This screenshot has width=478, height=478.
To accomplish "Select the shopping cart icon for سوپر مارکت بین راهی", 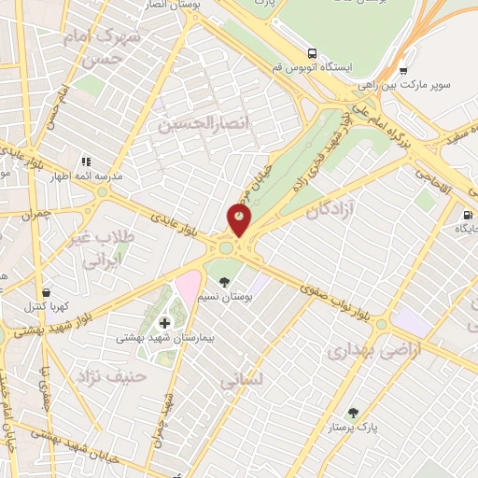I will click(402, 69).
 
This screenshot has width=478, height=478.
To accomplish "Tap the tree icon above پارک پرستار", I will click(353, 413).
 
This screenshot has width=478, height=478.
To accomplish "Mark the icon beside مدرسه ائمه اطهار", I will click(85, 162).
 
